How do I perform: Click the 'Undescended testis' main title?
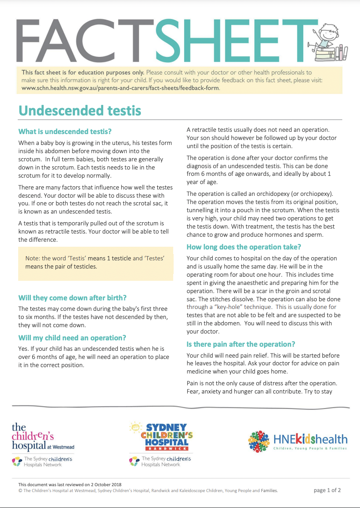80,111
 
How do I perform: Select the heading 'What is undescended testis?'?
65,132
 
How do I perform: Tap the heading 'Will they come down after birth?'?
72,298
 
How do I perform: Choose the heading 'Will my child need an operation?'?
72,338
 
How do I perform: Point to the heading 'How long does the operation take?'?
244,247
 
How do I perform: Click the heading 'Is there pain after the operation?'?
241,344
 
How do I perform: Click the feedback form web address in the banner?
120,88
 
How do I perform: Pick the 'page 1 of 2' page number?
327,490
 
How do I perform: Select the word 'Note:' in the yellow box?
33,259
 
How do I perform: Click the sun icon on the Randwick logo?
135,427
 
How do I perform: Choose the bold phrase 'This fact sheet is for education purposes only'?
83,72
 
